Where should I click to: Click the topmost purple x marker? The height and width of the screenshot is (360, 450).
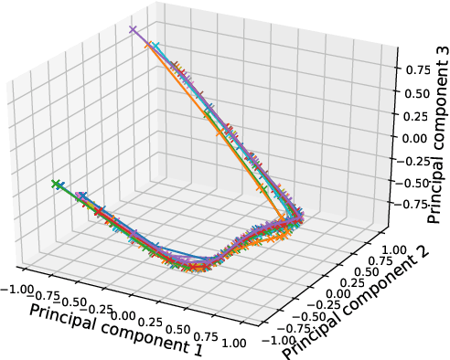[134, 31]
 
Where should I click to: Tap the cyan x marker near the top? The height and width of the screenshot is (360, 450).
[155, 46]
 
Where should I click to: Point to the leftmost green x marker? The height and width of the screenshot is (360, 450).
[57, 185]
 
